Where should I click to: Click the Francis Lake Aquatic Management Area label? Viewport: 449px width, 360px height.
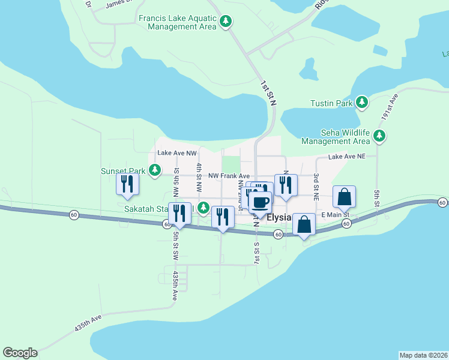pyautogui.click(x=177, y=22)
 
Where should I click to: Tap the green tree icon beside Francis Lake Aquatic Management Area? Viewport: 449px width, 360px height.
pyautogui.click(x=226, y=22)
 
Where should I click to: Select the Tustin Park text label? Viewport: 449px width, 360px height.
pyautogui.click(x=331, y=103)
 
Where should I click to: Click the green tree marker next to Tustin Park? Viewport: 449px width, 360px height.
pyautogui.click(x=361, y=103)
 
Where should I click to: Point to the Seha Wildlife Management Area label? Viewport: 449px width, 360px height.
pyautogui.click(x=336, y=137)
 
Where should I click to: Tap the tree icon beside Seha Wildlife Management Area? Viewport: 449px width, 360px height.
pyautogui.click(x=379, y=136)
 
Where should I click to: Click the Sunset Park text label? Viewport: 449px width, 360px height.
pyautogui.click(x=123, y=171)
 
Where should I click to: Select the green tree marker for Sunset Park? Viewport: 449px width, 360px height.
pyautogui.click(x=155, y=170)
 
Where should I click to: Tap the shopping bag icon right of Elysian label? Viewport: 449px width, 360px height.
pyautogui.click(x=304, y=224)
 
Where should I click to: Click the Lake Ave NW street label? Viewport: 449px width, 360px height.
pyautogui.click(x=176, y=153)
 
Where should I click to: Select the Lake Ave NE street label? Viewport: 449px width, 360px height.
pyautogui.click(x=346, y=157)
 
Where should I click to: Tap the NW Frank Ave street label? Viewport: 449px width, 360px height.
pyautogui.click(x=229, y=176)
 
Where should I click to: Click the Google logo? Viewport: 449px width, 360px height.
pyautogui.click(x=20, y=353)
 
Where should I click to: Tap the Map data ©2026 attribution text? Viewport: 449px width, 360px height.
pyautogui.click(x=423, y=355)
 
